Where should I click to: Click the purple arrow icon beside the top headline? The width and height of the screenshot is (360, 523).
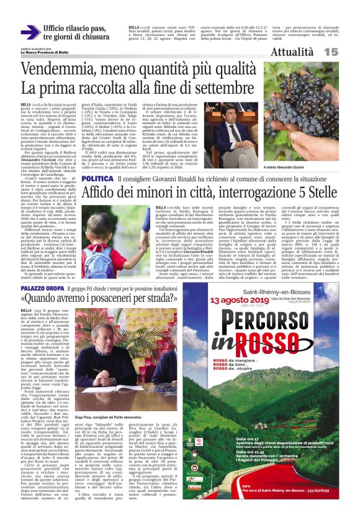coord(30,32)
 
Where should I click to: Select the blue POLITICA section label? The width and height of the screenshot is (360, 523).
coord(97,179)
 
